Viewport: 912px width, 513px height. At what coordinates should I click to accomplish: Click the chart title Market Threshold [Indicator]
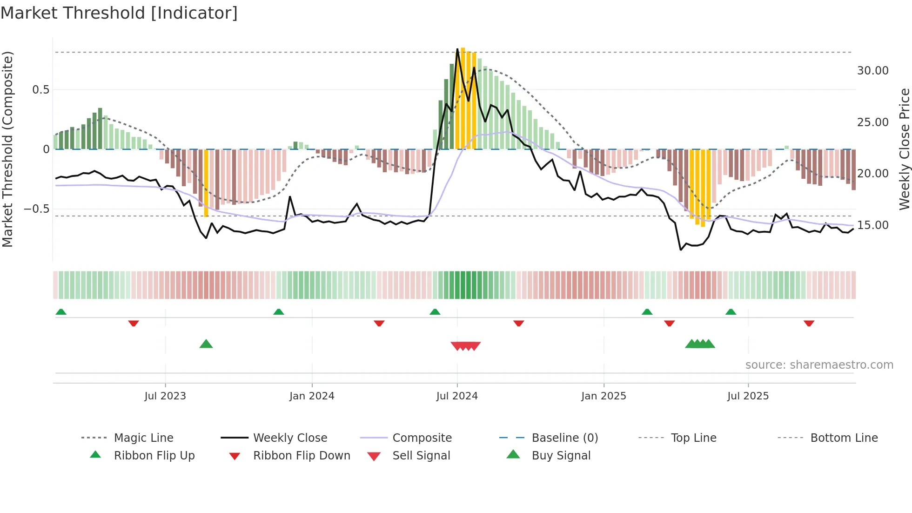(119, 13)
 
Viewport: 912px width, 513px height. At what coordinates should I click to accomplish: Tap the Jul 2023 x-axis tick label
(165, 396)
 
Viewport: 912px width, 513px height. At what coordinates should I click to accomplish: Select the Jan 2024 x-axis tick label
(312, 396)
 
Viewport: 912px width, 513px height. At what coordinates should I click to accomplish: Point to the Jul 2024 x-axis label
(457, 396)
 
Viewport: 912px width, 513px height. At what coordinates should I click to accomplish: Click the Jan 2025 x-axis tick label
(604, 396)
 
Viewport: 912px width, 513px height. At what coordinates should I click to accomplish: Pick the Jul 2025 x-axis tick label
(748, 396)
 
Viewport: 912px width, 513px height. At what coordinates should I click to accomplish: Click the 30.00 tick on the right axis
(872, 71)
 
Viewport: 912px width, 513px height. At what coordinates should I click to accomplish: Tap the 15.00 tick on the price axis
(872, 225)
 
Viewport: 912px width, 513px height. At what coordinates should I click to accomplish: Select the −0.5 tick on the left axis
(37, 209)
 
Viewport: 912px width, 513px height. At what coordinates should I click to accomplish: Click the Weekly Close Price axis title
(904, 149)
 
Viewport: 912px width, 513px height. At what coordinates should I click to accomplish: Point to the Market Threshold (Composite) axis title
(7, 149)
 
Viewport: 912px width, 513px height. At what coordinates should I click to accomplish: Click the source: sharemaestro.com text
(819, 365)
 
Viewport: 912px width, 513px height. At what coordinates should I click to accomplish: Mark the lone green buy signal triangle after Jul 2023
(206, 344)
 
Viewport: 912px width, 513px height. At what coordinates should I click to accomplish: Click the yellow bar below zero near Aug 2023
(206, 182)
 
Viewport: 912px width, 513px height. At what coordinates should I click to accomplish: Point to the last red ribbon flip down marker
(809, 323)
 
